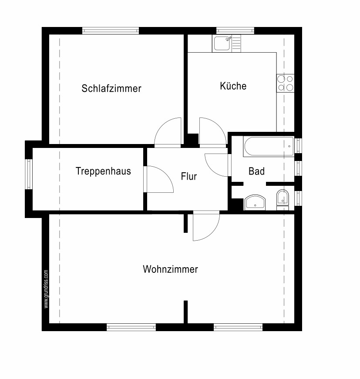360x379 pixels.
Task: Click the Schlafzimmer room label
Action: (x=111, y=88)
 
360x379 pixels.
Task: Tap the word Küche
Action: (x=233, y=86)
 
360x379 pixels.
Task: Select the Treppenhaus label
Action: (x=103, y=171)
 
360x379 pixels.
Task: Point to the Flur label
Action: (x=189, y=176)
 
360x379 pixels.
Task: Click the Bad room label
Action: (x=256, y=171)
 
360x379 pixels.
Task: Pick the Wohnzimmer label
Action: (x=170, y=269)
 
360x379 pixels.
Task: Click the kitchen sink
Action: (x=222, y=44)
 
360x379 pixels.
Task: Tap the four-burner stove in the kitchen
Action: (x=285, y=83)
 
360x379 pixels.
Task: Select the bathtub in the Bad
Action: (x=268, y=147)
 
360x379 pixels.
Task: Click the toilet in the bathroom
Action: (x=282, y=199)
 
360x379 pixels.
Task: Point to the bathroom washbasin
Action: (x=255, y=202)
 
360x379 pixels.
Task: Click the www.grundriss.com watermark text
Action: (x=46, y=289)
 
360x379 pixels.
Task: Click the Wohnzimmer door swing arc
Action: (x=206, y=227)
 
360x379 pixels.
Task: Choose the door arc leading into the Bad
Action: (x=216, y=165)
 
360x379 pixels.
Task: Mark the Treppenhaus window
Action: (x=29, y=174)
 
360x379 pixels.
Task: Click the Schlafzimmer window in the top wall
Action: (x=111, y=30)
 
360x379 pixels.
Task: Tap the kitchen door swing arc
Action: (x=212, y=131)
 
